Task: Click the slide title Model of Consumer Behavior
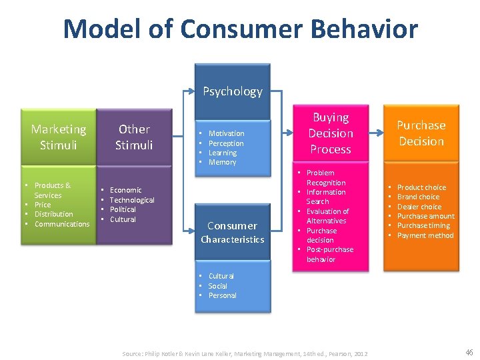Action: [240, 29]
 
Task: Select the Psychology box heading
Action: [232, 91]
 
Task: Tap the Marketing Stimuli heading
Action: [59, 137]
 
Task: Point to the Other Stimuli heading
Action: [134, 137]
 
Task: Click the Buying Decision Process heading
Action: [331, 133]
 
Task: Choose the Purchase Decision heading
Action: [421, 133]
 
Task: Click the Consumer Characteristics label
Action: [232, 232]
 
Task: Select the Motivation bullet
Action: [226, 133]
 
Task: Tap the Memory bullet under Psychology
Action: [222, 162]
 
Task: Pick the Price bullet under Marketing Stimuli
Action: [43, 205]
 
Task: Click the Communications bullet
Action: [61, 224]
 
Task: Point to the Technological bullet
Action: [131, 200]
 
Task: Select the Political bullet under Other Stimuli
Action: [123, 209]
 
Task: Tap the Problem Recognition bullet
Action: [325, 177]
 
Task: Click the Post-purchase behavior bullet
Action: [329, 254]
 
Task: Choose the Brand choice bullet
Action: [419, 197]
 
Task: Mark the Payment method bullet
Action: [425, 235]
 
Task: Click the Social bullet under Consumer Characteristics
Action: [217, 286]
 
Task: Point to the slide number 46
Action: [469, 352]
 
